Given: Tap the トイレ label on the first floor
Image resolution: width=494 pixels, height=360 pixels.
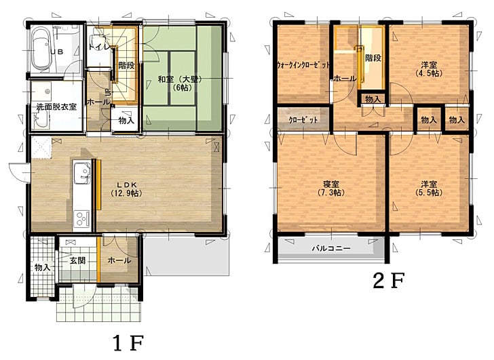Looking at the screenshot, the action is pos(99,47).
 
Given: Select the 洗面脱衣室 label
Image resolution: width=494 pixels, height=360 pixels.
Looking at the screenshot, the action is pos(56,106).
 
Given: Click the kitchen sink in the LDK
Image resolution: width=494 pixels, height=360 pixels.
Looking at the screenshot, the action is pos(82,174).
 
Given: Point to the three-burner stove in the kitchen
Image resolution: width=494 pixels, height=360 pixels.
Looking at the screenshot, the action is pos(81,218).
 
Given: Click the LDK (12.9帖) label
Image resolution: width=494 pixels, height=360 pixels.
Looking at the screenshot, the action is pos(127,188).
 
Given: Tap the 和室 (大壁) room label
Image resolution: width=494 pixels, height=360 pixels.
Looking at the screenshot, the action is pos(180,83).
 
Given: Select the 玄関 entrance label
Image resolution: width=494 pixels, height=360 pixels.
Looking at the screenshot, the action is pos(77,260).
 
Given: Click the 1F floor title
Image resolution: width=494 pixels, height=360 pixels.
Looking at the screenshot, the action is pos(128,343).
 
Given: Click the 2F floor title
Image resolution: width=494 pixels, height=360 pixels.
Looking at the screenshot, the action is pos(388,281).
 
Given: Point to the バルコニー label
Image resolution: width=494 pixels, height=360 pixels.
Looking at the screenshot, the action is pos(331,248).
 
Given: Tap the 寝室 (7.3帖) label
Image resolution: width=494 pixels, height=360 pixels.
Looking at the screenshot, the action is pos(331,188).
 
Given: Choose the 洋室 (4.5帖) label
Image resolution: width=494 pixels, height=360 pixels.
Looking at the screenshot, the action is pos(429,69).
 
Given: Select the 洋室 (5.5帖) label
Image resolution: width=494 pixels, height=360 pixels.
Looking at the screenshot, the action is pos(429,188).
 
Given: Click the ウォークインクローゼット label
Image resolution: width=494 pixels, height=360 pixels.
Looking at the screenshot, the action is pos(303,65).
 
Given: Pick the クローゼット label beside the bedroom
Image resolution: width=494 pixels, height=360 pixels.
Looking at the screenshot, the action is pos(303,120).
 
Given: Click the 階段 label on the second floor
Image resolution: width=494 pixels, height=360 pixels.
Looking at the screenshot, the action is pos(373,58).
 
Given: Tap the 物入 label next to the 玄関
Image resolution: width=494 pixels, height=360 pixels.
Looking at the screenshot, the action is pos(43,268).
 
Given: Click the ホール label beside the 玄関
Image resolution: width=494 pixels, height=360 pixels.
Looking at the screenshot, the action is pos(119,260).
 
